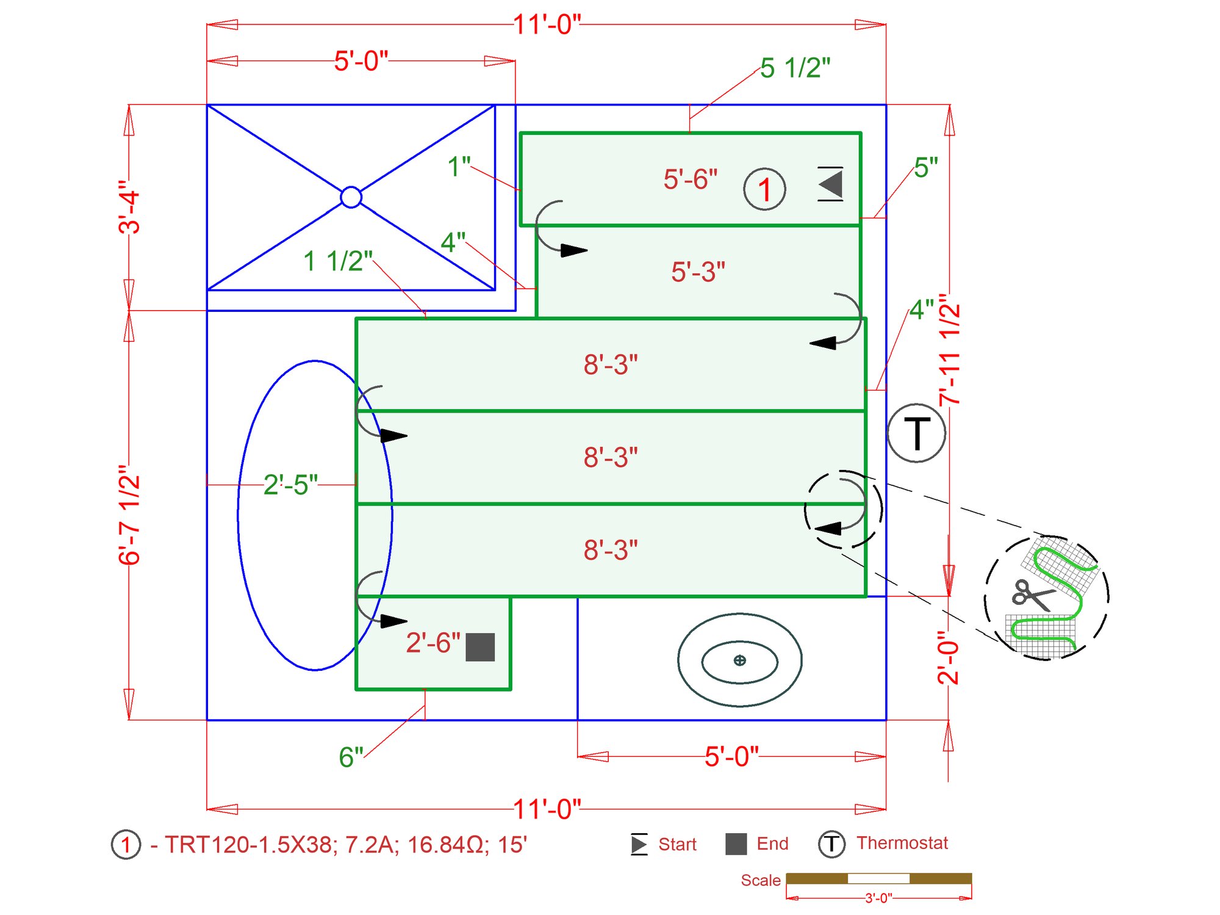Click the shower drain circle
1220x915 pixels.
[x=351, y=197]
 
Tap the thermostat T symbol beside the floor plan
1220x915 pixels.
[x=916, y=433]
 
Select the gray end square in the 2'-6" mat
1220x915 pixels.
[x=480, y=647]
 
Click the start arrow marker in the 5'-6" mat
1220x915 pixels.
[x=831, y=184]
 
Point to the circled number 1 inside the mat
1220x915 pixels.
[x=764, y=189]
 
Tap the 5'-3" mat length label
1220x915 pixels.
[x=698, y=272]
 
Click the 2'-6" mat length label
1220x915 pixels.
[x=433, y=643]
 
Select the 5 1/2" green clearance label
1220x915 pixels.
[x=795, y=68]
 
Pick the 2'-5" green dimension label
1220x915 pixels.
[x=290, y=485]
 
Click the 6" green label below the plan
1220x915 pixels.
[x=351, y=757]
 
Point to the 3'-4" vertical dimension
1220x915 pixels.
[x=129, y=207]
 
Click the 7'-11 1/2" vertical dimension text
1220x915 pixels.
[x=950, y=349]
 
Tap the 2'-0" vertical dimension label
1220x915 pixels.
[x=949, y=657]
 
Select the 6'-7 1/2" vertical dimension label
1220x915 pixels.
[x=129, y=515]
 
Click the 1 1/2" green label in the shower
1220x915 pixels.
[x=337, y=261]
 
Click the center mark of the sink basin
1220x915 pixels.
[x=739, y=660]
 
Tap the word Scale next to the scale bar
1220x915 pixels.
[x=760, y=880]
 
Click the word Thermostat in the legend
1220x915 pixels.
[x=902, y=843]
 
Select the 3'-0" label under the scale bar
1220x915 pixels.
[x=878, y=898]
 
